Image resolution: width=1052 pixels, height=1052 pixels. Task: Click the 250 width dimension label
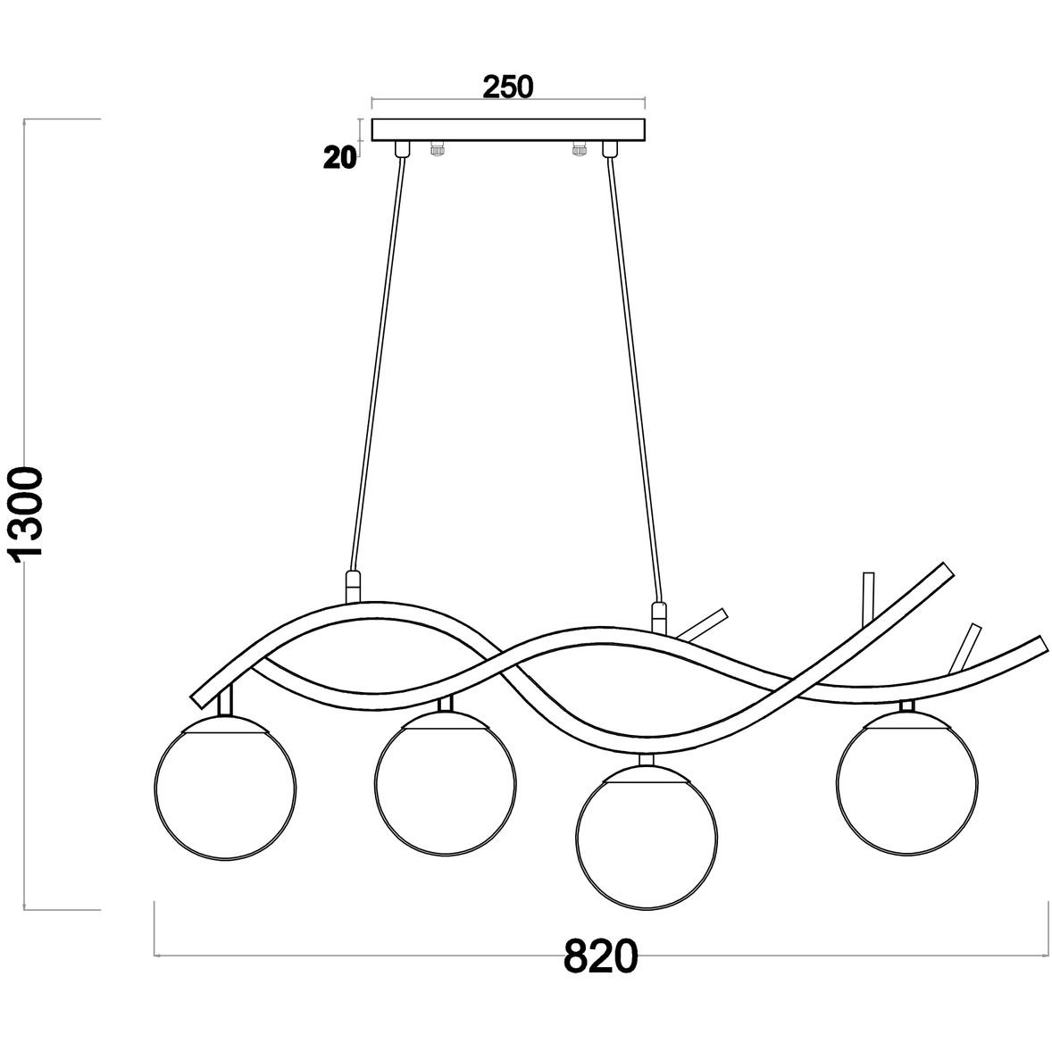click(x=508, y=88)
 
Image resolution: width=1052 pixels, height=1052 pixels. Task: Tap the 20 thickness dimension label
click(x=340, y=158)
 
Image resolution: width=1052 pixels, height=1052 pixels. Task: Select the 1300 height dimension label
click(x=29, y=513)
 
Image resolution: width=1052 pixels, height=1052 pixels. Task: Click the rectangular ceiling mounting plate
click(x=508, y=130)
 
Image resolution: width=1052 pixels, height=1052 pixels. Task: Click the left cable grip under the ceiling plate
click(x=402, y=149)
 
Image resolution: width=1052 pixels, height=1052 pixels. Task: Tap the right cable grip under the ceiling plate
click(x=609, y=149)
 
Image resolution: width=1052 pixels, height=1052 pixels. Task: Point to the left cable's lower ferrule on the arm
click(x=353, y=588)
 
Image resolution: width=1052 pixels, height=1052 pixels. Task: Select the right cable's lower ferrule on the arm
click(x=660, y=617)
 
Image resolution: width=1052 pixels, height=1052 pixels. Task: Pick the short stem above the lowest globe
click(x=647, y=758)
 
